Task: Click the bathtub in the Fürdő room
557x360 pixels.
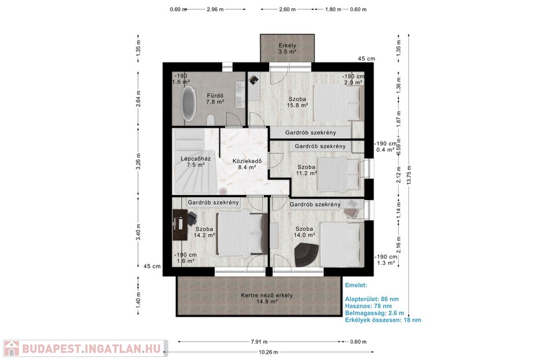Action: tap(189, 104)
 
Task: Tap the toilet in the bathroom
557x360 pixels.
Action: tap(211, 120)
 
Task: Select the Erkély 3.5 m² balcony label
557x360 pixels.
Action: tap(287, 48)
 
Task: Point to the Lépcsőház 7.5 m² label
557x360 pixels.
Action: tap(196, 161)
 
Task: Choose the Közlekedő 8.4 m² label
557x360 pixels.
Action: tap(247, 164)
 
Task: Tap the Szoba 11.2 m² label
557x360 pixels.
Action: tap(306, 170)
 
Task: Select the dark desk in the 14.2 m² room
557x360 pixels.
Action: tap(180, 225)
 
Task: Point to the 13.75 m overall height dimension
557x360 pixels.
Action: tap(409, 175)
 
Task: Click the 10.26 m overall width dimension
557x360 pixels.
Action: tap(269, 352)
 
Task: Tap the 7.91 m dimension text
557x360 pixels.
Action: tap(259, 342)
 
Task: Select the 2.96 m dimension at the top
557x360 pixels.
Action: tap(215, 9)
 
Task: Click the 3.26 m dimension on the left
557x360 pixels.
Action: tap(138, 161)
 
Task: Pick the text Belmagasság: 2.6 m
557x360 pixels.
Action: tap(374, 313)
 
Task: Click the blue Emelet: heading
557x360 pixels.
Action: tap(356, 285)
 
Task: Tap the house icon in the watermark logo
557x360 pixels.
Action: tap(12, 348)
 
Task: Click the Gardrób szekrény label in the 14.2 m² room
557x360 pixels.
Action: tap(213, 203)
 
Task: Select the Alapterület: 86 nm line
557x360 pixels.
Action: tap(371, 299)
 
